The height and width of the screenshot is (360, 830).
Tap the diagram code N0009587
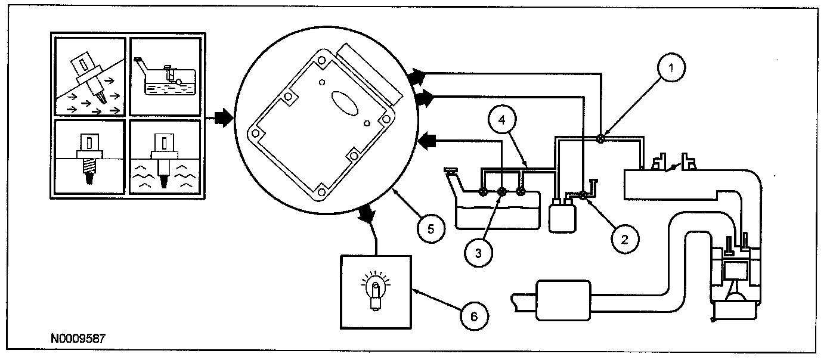[x=78, y=338]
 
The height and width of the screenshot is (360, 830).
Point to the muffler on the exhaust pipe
[x=564, y=299]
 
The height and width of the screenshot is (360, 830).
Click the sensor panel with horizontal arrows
[x=89, y=76]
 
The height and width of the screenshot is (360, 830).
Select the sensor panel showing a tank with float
[x=165, y=76]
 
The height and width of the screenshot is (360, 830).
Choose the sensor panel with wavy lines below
[x=165, y=157]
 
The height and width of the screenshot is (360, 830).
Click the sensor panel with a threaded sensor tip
[x=89, y=157]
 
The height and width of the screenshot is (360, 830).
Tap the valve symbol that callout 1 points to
[x=601, y=139]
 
